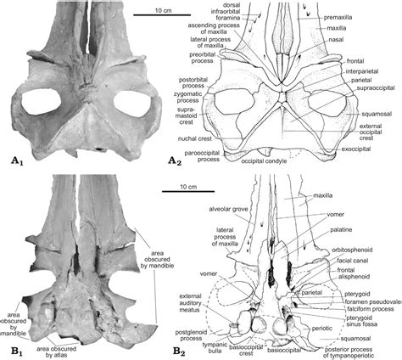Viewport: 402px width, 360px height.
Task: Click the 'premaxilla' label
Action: click(x=338, y=18)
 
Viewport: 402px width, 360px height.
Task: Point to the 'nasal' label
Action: click(x=336, y=40)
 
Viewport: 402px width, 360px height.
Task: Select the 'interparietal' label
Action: click(x=362, y=71)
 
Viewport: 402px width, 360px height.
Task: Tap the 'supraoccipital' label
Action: click(x=375, y=88)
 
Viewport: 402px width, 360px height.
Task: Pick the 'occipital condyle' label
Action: click(x=264, y=161)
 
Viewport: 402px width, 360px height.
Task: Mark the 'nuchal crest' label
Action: click(x=194, y=139)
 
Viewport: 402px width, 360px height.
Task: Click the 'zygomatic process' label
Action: click(x=187, y=97)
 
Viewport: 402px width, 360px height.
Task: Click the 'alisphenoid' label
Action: click(x=355, y=277)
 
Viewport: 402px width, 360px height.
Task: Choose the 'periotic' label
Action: click(x=322, y=329)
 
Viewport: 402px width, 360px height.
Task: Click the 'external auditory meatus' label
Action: click(x=191, y=303)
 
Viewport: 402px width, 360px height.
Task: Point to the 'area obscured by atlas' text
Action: click(x=56, y=352)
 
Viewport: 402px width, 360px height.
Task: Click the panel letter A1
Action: click(x=16, y=161)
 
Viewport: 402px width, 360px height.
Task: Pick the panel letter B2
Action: click(x=179, y=352)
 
